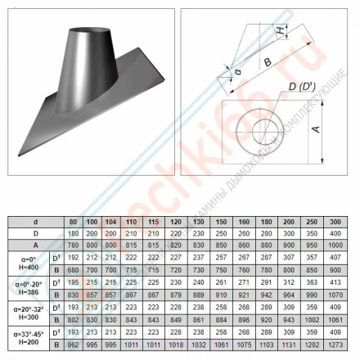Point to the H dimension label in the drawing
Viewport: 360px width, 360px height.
(x=281, y=30)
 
